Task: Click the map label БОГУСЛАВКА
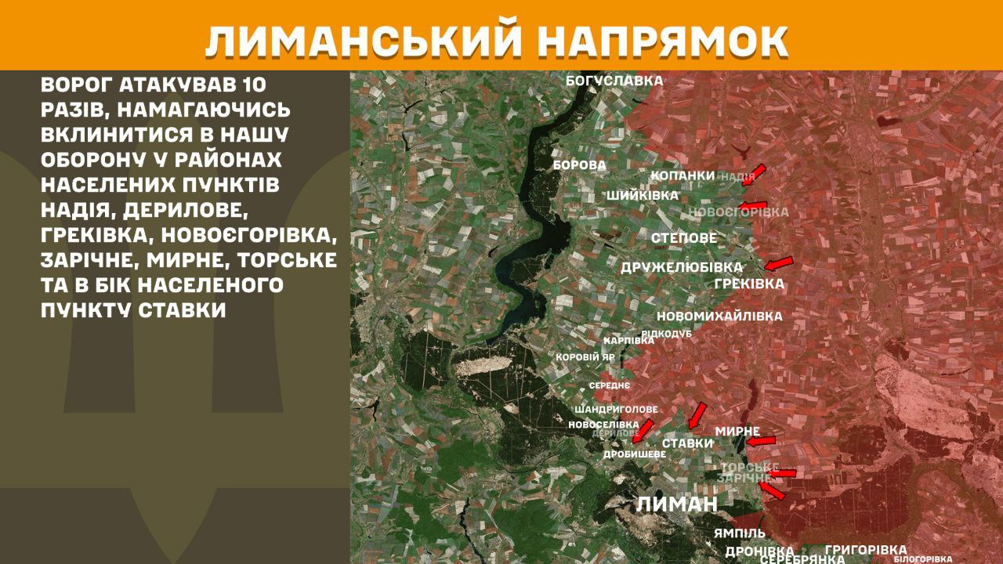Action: click(x=614, y=81)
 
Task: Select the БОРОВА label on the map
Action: click(x=579, y=165)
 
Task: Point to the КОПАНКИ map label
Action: click(x=683, y=175)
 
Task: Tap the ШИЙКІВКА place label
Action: click(x=643, y=196)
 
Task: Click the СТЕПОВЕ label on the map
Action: click(x=683, y=238)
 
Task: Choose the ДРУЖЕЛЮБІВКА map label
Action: click(x=682, y=267)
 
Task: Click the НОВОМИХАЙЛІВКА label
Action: click(x=719, y=316)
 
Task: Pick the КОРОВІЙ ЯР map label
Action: click(x=585, y=357)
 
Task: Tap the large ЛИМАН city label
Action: click(x=677, y=504)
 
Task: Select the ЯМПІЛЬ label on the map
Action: click(x=739, y=533)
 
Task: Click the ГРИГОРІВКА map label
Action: click(x=866, y=550)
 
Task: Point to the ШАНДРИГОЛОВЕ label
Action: click(x=616, y=410)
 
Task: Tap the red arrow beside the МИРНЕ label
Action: click(x=759, y=442)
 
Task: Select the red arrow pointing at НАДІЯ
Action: click(x=757, y=172)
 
